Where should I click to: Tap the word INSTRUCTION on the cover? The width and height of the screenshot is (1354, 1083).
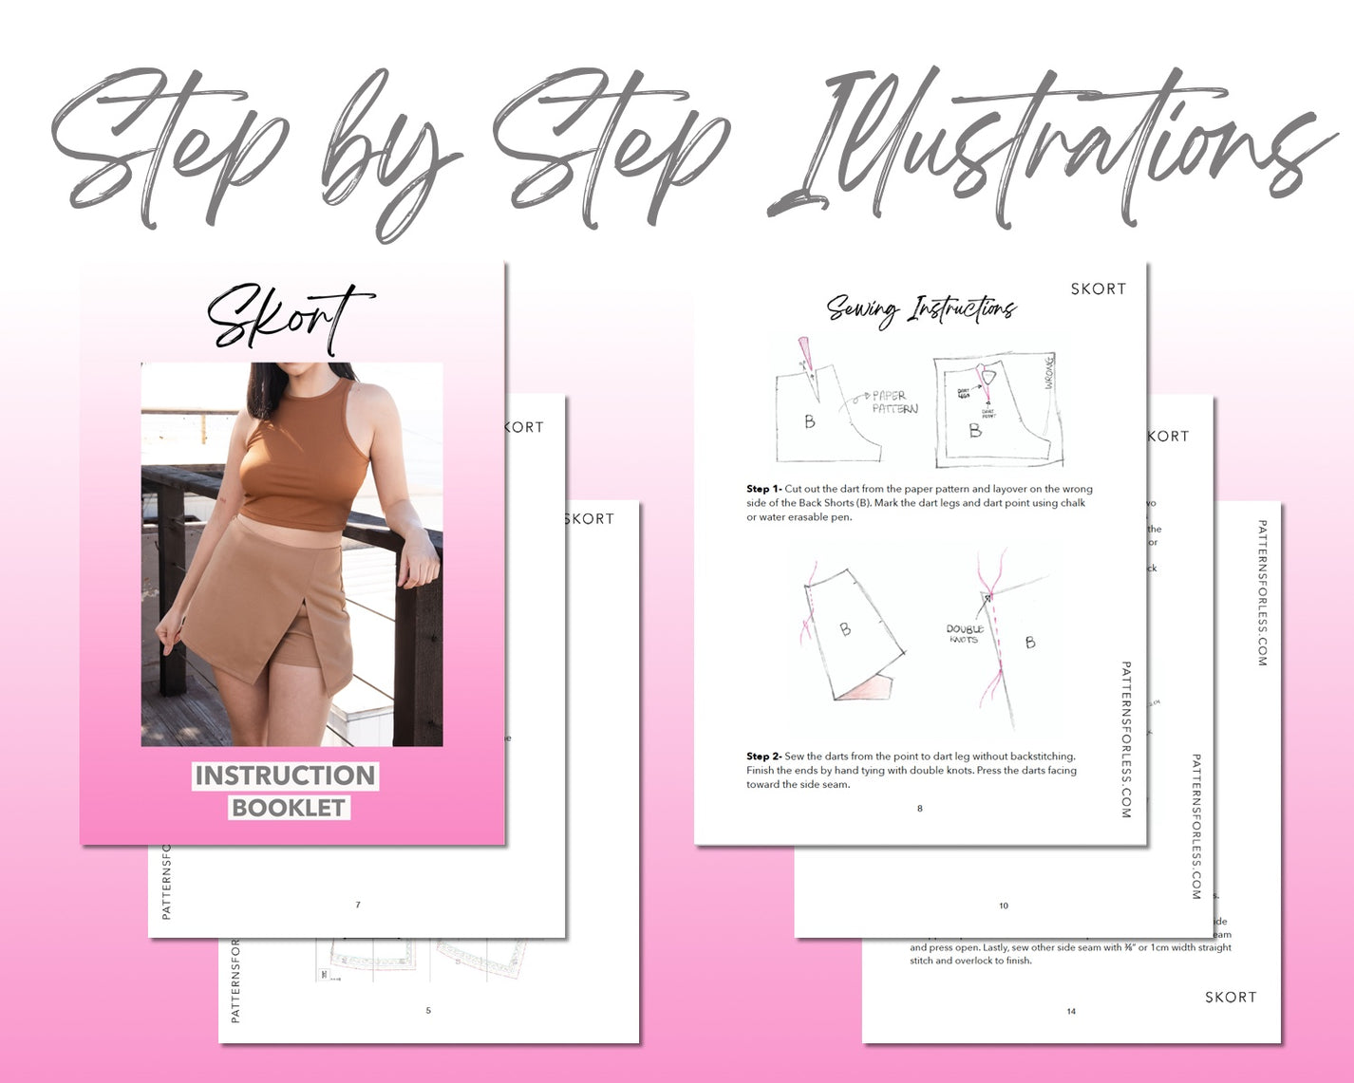(x=285, y=775)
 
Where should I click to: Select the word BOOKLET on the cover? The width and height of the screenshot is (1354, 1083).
(x=288, y=808)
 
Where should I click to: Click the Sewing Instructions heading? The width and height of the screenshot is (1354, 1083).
(x=920, y=308)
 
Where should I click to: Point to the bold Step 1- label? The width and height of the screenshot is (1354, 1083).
(x=763, y=490)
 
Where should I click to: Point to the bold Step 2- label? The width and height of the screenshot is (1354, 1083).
(x=763, y=756)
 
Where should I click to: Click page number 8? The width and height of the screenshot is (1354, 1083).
(x=919, y=809)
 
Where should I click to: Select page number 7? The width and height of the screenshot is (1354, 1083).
(x=358, y=905)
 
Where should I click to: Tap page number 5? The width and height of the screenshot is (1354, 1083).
(x=428, y=1010)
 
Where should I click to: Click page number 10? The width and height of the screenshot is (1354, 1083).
(x=1004, y=906)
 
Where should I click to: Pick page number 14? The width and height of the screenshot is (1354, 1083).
(x=1071, y=1011)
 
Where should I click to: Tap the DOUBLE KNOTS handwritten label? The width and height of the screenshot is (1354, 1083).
(x=964, y=634)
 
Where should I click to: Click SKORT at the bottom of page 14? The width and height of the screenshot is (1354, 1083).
(x=1231, y=997)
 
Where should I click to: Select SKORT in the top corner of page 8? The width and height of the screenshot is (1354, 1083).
(x=1098, y=289)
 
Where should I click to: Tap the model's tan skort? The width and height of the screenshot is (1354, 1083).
(x=275, y=598)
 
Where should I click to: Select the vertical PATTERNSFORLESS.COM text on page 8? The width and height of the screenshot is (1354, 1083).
(x=1126, y=739)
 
